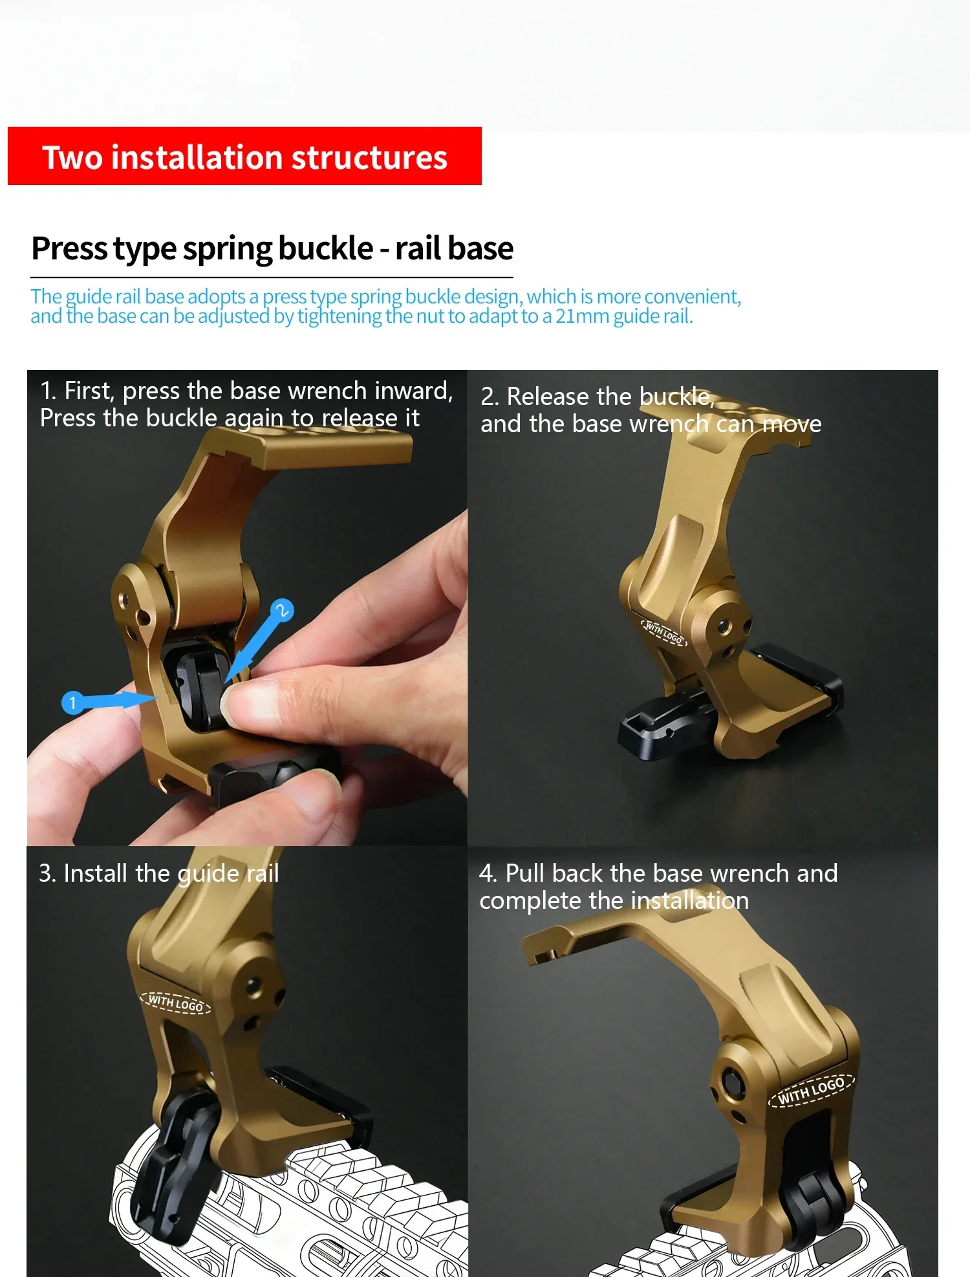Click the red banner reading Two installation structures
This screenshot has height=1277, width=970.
(244, 156)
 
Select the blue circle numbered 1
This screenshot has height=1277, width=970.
(72, 703)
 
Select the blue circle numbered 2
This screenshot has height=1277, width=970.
(282, 610)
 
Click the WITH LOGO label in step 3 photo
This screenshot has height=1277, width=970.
(176, 1003)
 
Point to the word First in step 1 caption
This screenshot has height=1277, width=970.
(89, 391)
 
